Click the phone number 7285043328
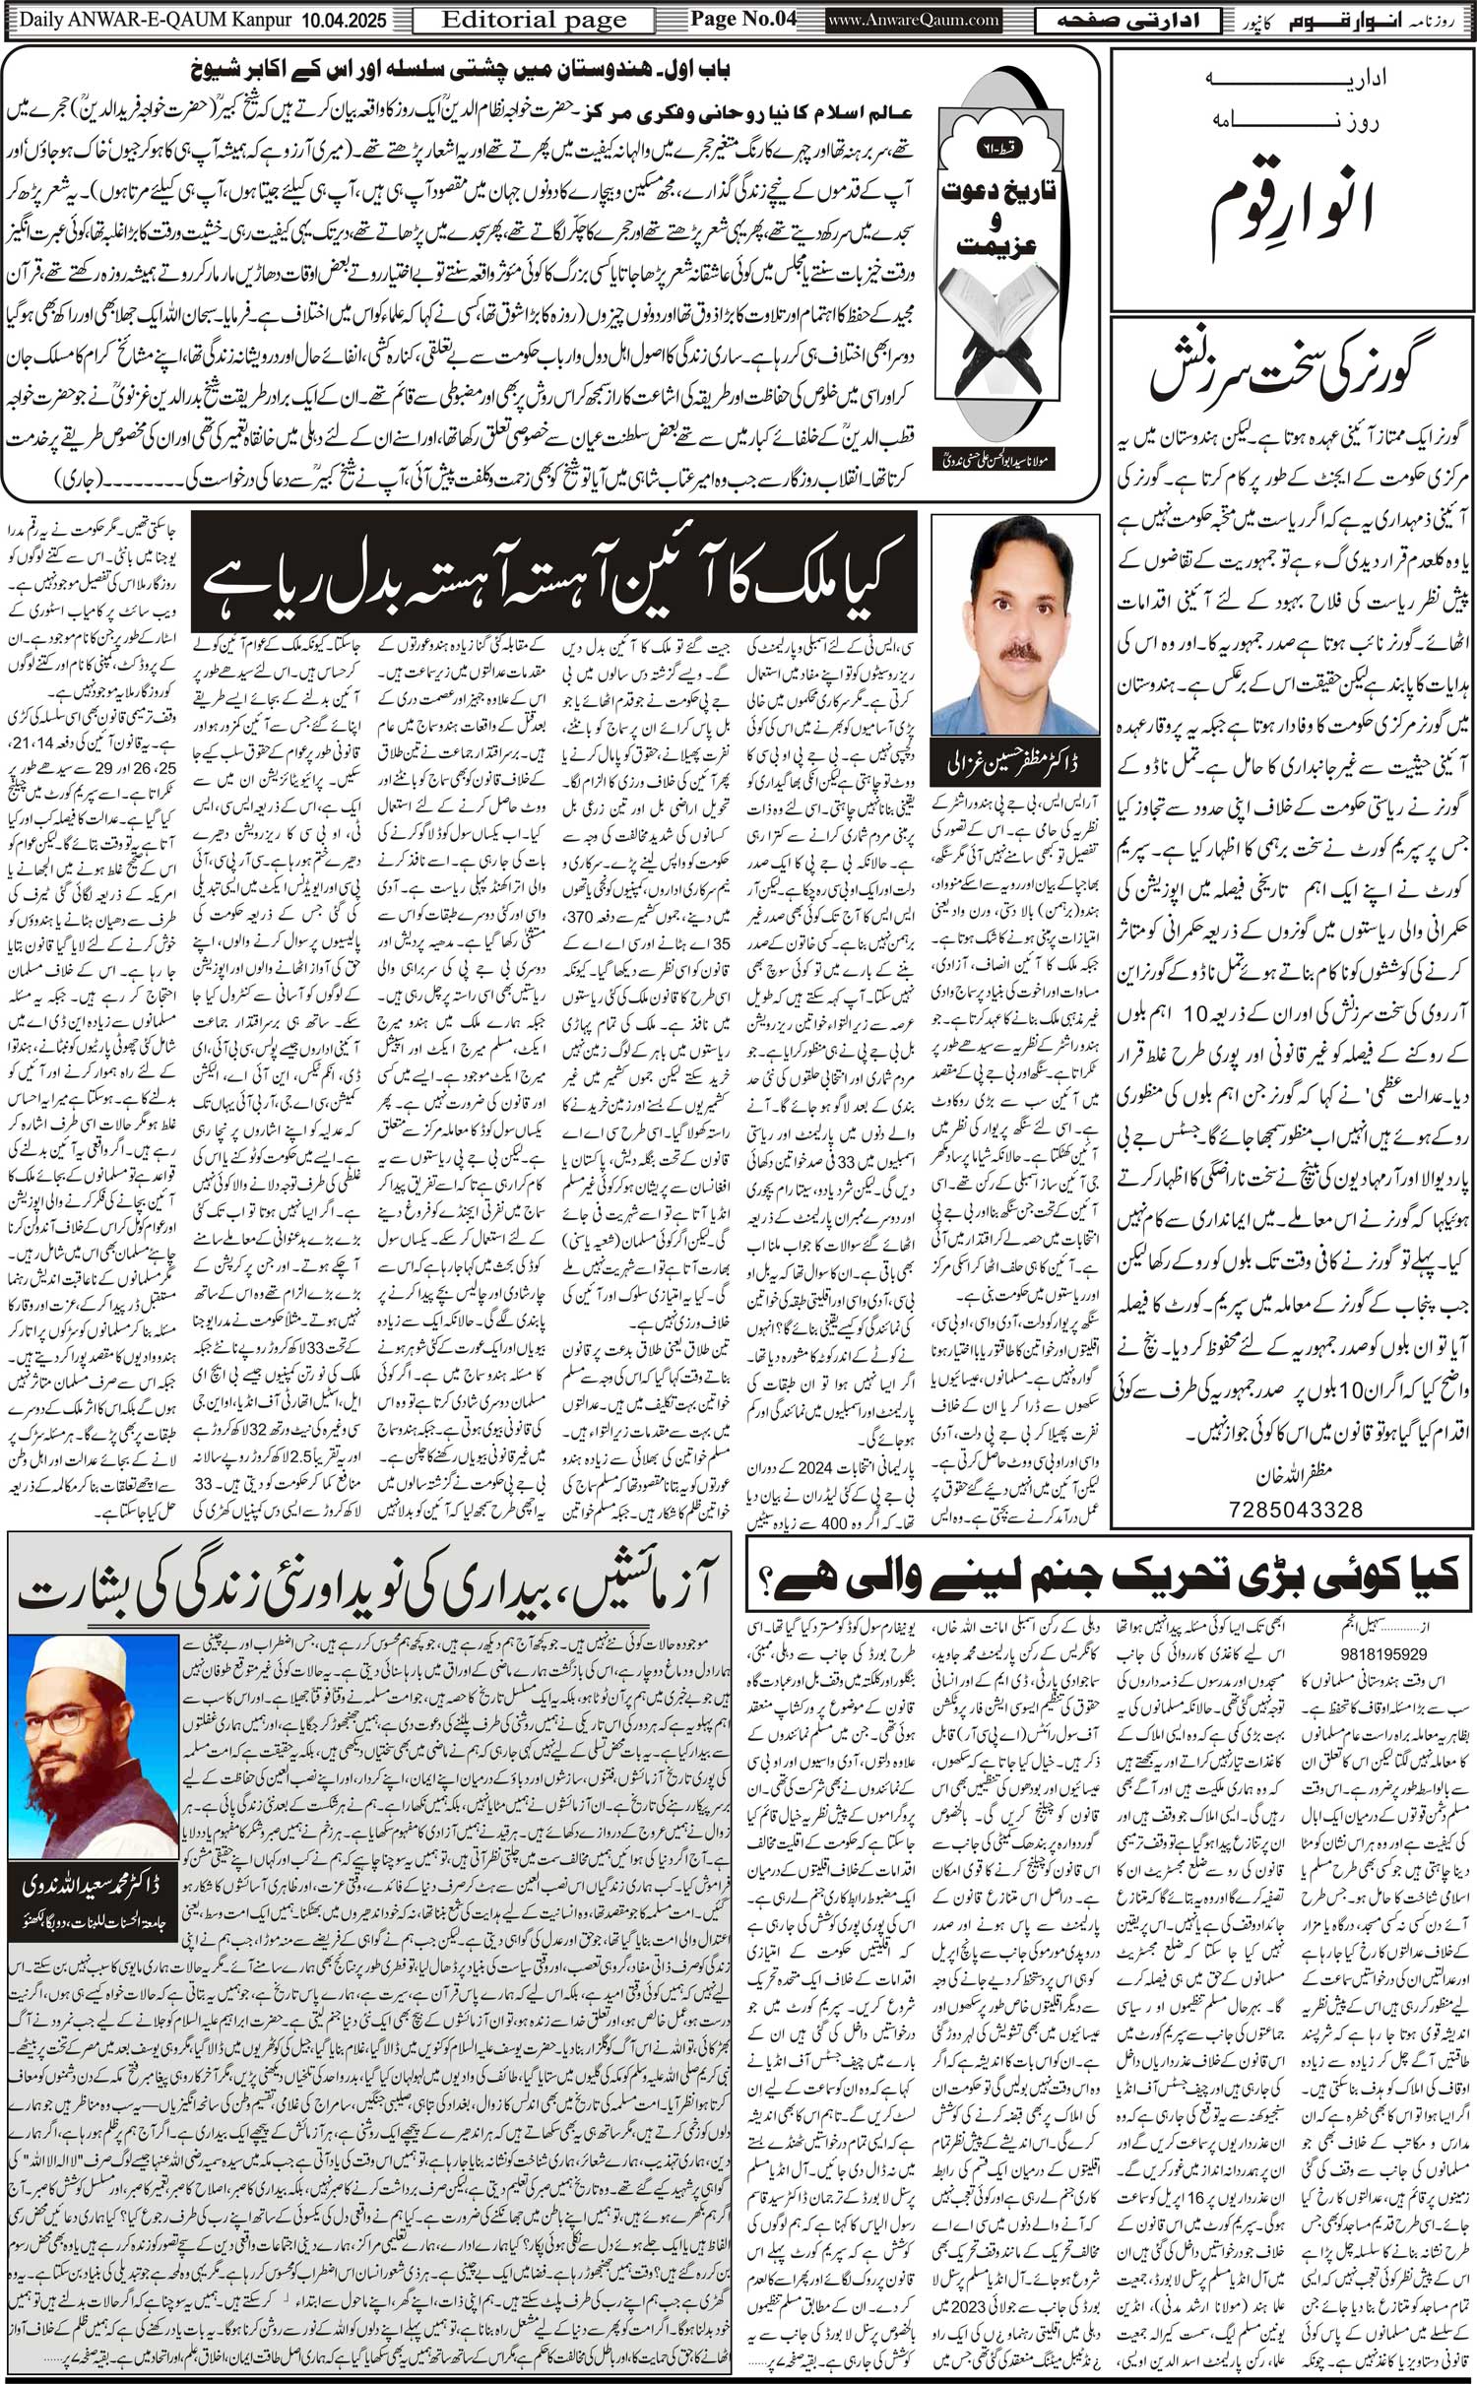(1296, 1509)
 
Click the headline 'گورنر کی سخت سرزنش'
(1291, 378)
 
